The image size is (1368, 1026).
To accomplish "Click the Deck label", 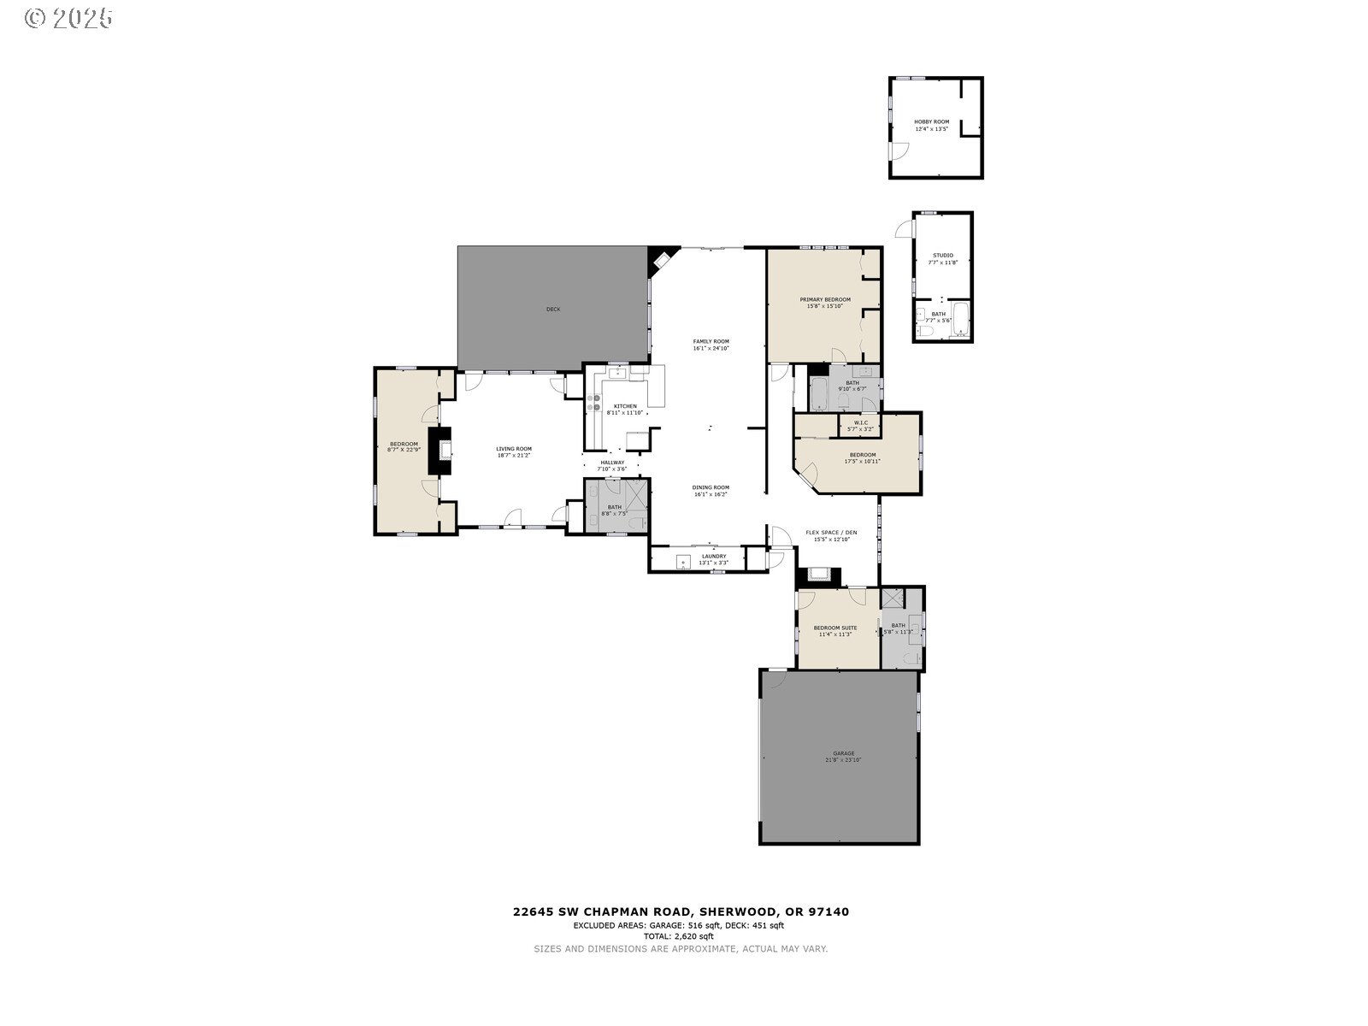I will click(x=553, y=309).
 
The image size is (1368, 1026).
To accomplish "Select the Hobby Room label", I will click(x=931, y=122).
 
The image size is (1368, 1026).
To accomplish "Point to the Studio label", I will click(x=942, y=256).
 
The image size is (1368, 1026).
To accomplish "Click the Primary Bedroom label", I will click(x=825, y=300).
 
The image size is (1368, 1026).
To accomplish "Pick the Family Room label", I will click(x=711, y=341).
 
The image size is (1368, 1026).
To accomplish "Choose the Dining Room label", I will click(x=711, y=487).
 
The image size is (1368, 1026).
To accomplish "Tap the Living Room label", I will click(x=514, y=449).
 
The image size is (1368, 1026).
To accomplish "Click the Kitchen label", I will click(x=624, y=406).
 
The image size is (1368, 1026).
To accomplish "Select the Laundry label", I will click(x=713, y=557).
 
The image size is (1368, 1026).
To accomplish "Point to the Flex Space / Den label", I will click(x=830, y=533).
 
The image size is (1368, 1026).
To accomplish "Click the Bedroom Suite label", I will click(x=834, y=628).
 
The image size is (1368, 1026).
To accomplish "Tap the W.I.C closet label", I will click(x=860, y=422).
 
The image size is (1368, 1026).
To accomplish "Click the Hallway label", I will click(x=612, y=463).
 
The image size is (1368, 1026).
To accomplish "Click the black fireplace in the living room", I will click(x=443, y=449).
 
